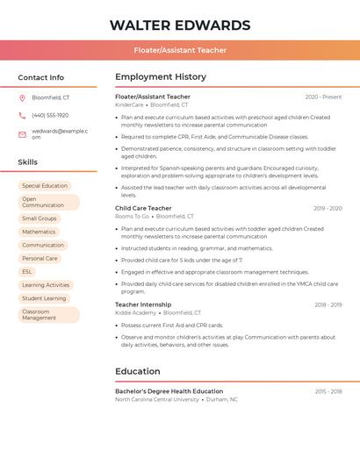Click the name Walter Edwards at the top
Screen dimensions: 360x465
coord(179,25)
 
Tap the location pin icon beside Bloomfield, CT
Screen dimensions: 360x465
coord(22,97)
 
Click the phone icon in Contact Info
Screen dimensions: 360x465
coord(22,115)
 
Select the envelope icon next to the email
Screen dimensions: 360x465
coord(22,134)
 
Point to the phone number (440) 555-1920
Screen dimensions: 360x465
coord(50,115)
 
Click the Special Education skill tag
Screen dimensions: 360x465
coord(45,186)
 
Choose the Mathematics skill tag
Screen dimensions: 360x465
coord(39,232)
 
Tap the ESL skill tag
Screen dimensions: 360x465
coord(27,272)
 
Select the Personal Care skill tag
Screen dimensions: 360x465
coord(40,259)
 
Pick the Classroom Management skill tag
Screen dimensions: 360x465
coord(48,314)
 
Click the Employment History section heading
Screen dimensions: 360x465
coord(161,76)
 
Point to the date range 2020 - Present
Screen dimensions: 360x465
coord(323,97)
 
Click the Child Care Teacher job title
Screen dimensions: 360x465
coord(143,208)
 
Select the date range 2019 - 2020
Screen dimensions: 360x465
coord(328,208)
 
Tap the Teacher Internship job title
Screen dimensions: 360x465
coord(143,304)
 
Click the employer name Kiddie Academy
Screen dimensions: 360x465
coord(135,312)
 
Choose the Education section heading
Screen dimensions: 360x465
coord(138,371)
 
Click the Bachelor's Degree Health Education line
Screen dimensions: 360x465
coord(169,391)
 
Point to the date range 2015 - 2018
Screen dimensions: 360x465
coord(328,391)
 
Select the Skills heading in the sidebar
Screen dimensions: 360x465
coord(28,162)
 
